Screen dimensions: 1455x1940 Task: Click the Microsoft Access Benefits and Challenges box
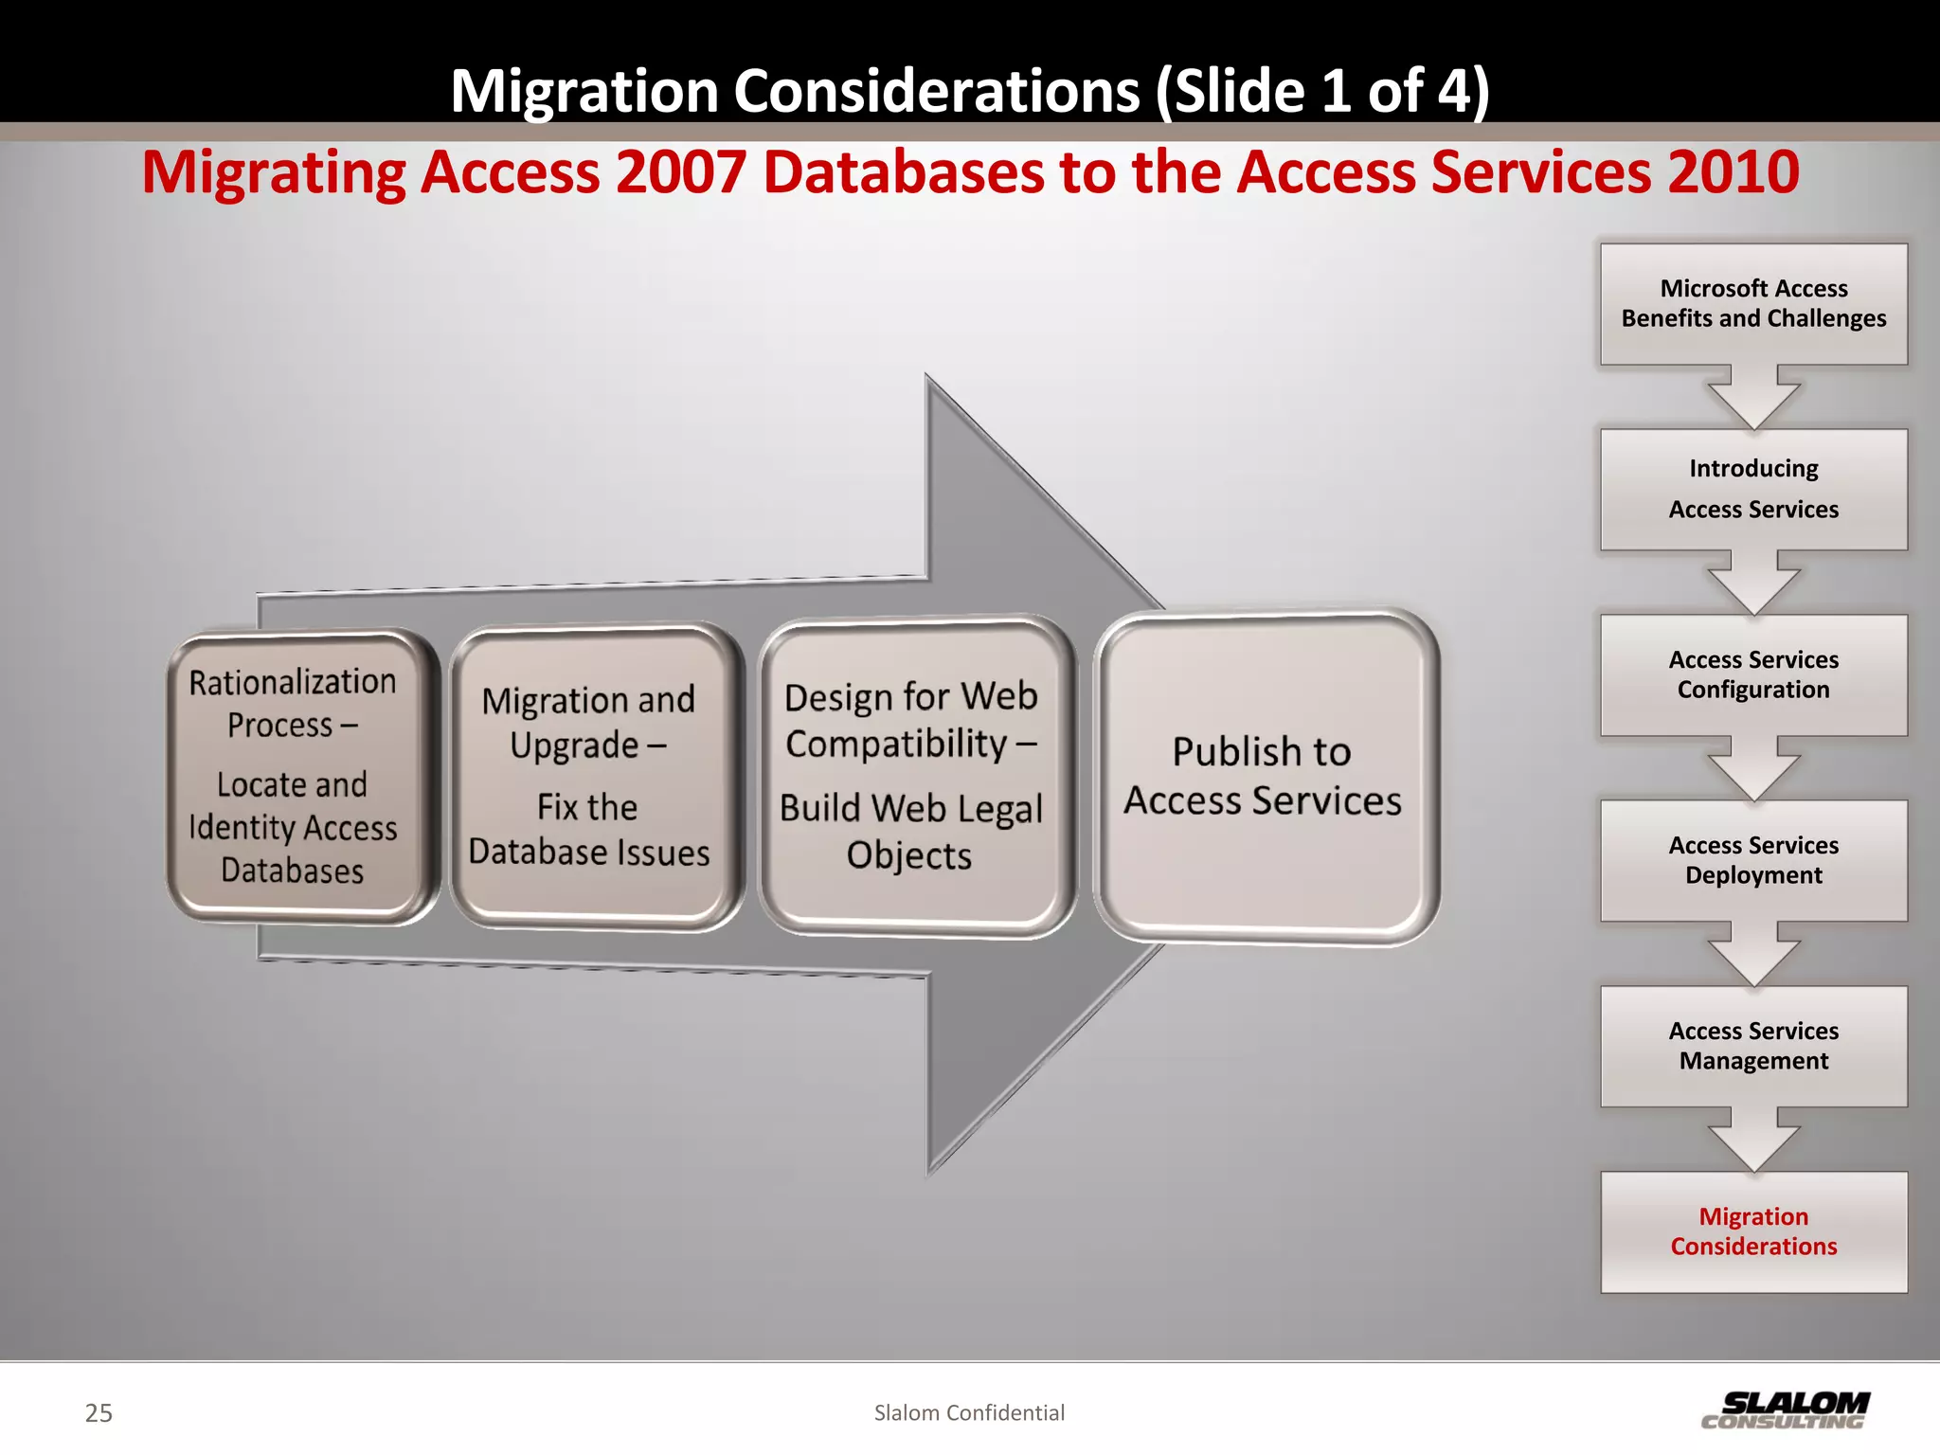1753,303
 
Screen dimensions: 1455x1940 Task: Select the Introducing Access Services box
1753,489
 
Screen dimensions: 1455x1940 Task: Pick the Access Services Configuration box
1753,674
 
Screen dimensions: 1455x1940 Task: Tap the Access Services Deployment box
1753,860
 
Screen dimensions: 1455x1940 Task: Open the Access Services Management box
1753,1046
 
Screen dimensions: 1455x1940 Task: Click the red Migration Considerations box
1753,1231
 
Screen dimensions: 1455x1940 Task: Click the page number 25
99,1413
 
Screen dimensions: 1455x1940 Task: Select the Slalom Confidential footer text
969,1413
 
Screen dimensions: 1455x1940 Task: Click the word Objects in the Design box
909,856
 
